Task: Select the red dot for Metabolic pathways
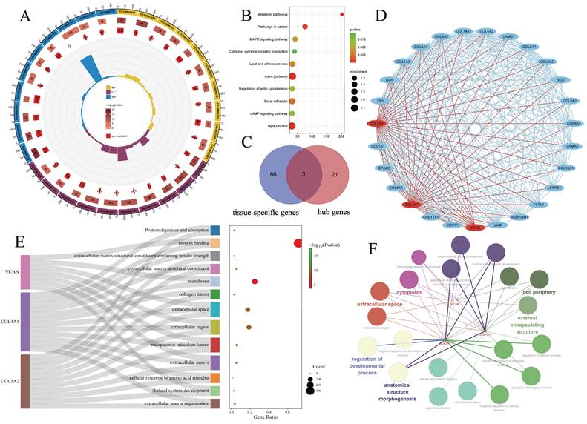(341, 14)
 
